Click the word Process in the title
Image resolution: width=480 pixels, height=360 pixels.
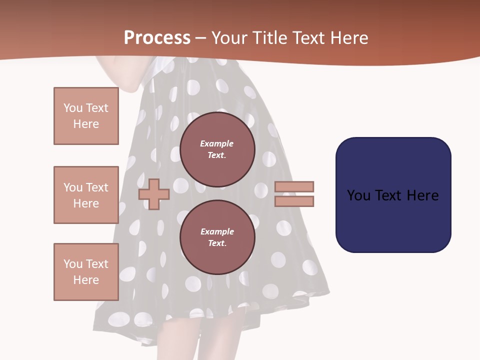(157, 38)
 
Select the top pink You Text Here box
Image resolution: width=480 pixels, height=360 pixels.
(86, 116)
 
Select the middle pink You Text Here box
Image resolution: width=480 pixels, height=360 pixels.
(86, 195)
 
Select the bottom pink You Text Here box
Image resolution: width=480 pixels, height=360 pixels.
(86, 272)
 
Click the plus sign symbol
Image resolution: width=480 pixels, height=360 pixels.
(154, 194)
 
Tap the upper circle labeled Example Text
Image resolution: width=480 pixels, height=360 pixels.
(217, 149)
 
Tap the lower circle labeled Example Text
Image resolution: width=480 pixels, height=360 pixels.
(217, 237)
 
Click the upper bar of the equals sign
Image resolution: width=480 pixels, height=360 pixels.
(294, 186)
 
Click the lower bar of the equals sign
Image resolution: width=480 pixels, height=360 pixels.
(294, 201)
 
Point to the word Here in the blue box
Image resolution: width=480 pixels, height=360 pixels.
(422, 195)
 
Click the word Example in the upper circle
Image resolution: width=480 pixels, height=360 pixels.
(217, 143)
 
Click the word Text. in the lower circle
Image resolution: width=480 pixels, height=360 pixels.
(217, 243)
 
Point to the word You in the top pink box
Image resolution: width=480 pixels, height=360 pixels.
(73, 108)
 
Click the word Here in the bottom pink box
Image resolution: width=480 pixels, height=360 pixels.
(86, 280)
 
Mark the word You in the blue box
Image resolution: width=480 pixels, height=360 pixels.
(358, 195)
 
